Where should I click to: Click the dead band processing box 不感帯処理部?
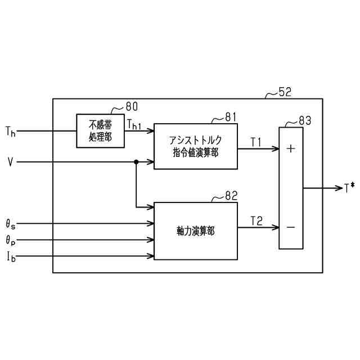pyautogui.click(x=100, y=131)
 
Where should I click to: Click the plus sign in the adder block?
pyautogui.click(x=291, y=148)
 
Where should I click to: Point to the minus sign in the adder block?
pyautogui.click(x=291, y=227)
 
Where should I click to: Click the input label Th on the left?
pyautogui.click(x=10, y=132)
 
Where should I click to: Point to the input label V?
pyautogui.click(x=10, y=162)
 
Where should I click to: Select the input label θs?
pyautogui.click(x=11, y=224)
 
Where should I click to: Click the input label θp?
pyautogui.click(x=11, y=241)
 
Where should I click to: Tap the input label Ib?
pyautogui.click(x=11, y=258)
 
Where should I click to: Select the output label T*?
pyautogui.click(x=349, y=188)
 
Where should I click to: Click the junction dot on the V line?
pyautogui.click(x=136, y=162)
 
